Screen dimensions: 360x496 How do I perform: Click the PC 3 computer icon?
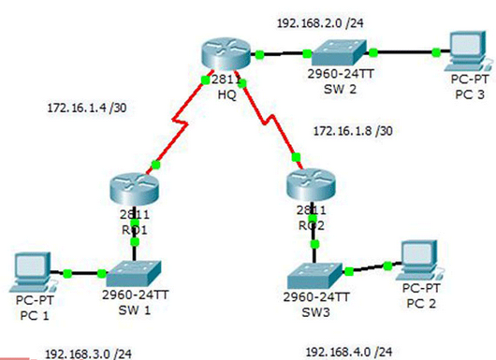[x=460, y=53]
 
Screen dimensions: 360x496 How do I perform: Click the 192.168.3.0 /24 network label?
[x=89, y=353]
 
